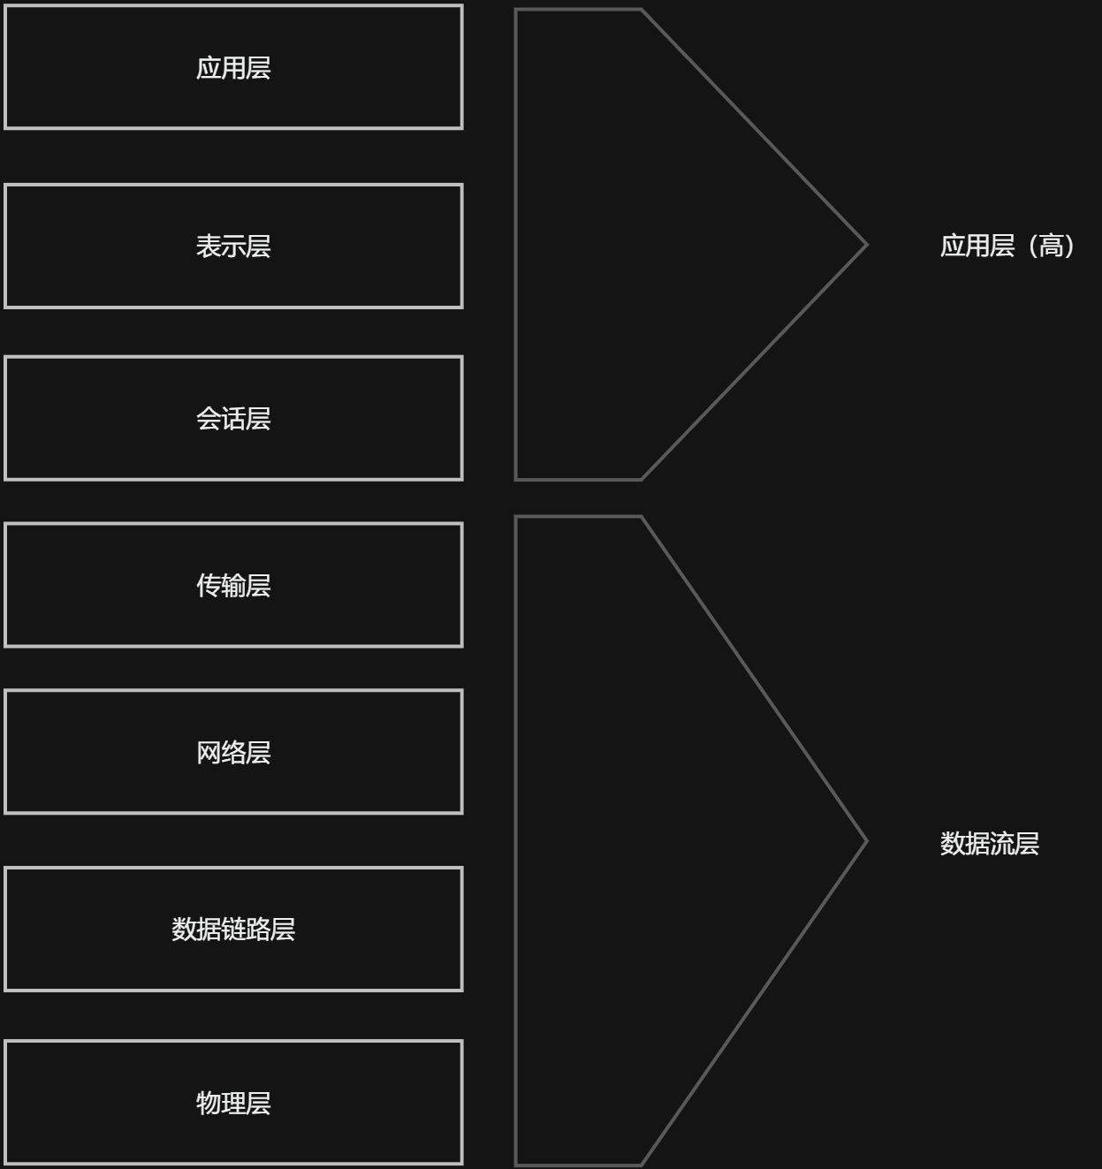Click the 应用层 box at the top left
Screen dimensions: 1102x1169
coord(233,67)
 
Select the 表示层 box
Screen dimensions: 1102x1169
coord(233,247)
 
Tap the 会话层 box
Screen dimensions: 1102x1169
coord(233,418)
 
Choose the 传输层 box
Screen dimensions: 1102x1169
coord(233,585)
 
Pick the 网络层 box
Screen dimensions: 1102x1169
coord(233,752)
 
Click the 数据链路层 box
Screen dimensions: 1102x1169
coord(233,929)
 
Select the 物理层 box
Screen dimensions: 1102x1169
coord(233,1103)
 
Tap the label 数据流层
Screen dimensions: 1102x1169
coord(989,844)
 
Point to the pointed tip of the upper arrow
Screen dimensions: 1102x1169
coord(865,245)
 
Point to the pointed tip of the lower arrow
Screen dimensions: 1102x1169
coord(865,841)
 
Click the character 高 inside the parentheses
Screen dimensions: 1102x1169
coord(1051,246)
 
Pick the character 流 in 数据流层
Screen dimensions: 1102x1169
coord(1001,844)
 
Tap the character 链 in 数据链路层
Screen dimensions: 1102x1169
coord(233,929)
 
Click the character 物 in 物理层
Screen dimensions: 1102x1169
coord(209,1103)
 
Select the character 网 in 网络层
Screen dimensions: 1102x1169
coord(209,752)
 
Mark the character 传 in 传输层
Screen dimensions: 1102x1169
coord(209,585)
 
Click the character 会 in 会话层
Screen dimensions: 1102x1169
coord(209,418)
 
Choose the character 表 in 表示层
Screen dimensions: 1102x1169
coord(209,247)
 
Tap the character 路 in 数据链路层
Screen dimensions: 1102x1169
coord(258,929)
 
